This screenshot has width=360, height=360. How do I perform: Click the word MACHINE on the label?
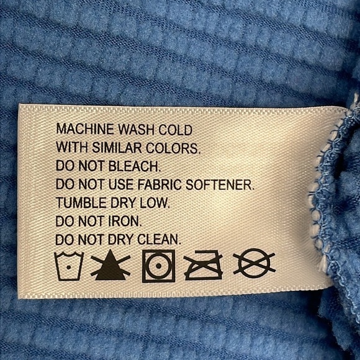point(85,129)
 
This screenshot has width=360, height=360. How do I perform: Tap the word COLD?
point(176,130)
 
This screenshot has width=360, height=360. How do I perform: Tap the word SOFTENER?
point(220,184)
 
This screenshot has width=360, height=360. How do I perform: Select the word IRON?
point(125,222)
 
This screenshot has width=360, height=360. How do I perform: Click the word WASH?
point(137,130)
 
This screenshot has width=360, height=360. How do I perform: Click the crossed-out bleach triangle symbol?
point(110,266)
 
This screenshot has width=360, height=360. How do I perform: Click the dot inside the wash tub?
point(68,268)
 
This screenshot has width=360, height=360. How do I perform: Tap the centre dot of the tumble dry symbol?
point(158,266)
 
